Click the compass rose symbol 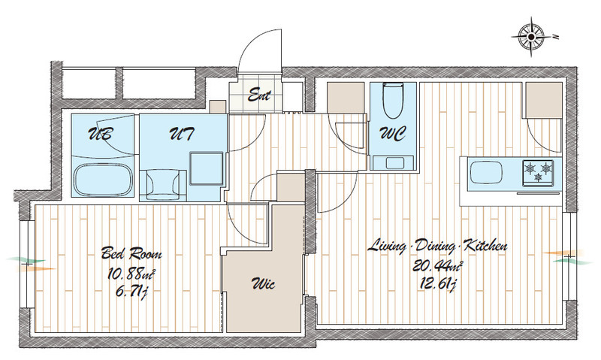tap(532, 37)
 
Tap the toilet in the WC tap(393, 100)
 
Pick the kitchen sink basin tap(486, 173)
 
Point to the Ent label tap(259, 94)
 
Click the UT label tap(181, 134)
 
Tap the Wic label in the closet tap(264, 284)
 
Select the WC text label tap(393, 135)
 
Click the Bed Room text tap(131, 253)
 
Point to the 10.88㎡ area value tap(131, 274)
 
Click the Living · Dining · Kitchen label tap(438, 245)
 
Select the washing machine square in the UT tap(206, 168)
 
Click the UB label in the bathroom tap(101, 134)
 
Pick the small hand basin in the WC tap(393, 162)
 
